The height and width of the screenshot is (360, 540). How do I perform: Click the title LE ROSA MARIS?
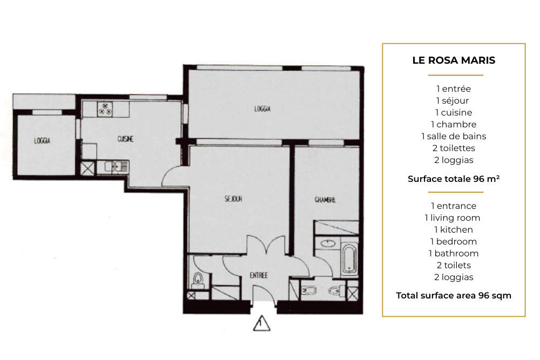[x=454, y=60]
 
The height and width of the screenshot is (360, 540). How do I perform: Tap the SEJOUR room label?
[x=233, y=199]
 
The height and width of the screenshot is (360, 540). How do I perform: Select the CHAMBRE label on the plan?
[x=325, y=200]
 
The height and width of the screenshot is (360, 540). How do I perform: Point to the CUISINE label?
[x=125, y=139]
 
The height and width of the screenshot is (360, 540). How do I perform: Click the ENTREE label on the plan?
[x=259, y=275]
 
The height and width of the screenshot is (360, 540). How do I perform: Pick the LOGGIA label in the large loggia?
[x=262, y=109]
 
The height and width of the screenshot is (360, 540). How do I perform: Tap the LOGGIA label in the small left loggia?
[x=42, y=140]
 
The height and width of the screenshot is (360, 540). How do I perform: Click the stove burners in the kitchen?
[x=105, y=109]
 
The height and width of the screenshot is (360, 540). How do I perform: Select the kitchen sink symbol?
[x=117, y=167]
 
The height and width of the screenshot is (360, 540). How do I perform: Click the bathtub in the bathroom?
[x=349, y=259]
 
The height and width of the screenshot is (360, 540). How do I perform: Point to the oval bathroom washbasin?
[x=328, y=243]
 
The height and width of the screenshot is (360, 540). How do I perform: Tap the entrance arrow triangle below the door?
[x=262, y=323]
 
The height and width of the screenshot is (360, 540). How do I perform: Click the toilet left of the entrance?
[x=198, y=280]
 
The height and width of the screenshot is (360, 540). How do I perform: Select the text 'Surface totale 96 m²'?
[x=454, y=179]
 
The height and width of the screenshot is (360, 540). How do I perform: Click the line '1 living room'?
[x=453, y=218]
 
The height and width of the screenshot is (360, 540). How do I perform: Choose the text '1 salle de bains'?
[x=454, y=137]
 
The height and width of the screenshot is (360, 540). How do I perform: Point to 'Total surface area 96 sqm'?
[x=454, y=296]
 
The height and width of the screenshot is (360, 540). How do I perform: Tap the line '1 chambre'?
[x=454, y=124]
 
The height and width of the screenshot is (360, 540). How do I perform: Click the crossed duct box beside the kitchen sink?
[x=87, y=168]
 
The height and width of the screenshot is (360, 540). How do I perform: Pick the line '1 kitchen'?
[x=454, y=229]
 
